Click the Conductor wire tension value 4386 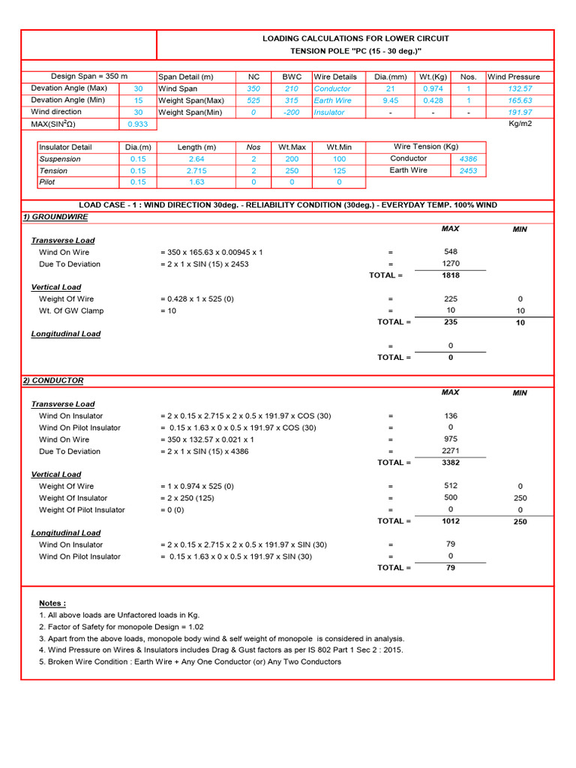[x=468, y=159]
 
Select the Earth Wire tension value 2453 [x=468, y=171]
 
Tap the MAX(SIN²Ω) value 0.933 [x=138, y=124]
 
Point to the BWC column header [x=292, y=76]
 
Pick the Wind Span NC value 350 [x=253, y=88]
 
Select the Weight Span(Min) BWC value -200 [x=292, y=112]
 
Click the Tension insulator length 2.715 [x=196, y=171]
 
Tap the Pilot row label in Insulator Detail [x=47, y=182]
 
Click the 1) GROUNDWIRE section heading [x=55, y=217]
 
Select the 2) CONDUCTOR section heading [x=52, y=380]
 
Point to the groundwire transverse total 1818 [x=451, y=275]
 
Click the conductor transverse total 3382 [x=451, y=463]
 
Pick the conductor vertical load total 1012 [x=451, y=521]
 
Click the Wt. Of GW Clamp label [x=71, y=310]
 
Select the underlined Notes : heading [x=52, y=603]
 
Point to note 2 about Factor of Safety [x=121, y=627]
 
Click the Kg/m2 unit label [x=520, y=124]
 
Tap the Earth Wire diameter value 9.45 [x=390, y=100]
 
